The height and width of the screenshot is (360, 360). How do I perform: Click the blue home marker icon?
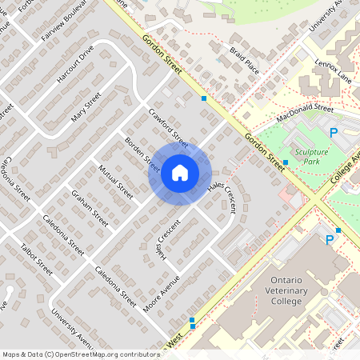180,172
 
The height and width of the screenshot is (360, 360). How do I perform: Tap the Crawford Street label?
167,128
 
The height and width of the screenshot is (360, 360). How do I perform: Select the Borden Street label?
142,154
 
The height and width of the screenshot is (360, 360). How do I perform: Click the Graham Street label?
90,208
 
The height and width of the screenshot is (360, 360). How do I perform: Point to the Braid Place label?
243,61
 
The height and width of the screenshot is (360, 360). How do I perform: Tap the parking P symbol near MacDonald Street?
334,132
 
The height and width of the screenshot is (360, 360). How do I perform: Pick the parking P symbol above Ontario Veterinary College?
329,239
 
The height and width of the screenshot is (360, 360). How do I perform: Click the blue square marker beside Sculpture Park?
286,162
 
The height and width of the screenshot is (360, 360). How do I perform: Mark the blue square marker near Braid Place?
205,98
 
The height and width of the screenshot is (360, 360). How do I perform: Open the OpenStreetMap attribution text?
80,354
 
